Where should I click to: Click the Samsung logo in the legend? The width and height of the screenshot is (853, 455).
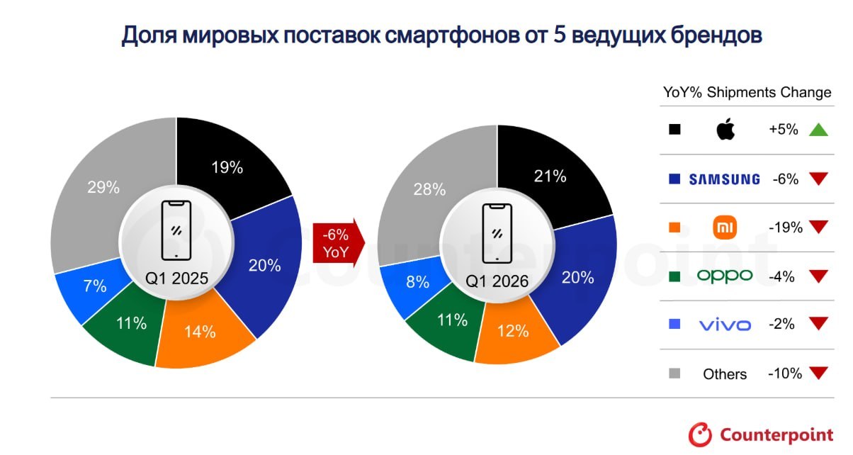tap(724, 179)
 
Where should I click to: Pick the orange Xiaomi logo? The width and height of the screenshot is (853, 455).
tap(725, 227)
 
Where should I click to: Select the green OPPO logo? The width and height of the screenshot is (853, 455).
tap(725, 276)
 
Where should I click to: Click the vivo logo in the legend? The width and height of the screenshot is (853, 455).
tap(725, 325)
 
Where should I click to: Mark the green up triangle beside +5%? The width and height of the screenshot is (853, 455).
tap(818, 130)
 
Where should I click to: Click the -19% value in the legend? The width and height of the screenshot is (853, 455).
tap(785, 227)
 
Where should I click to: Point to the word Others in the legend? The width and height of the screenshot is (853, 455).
tap(725, 373)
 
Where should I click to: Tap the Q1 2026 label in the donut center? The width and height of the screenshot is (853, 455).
tap(497, 281)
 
